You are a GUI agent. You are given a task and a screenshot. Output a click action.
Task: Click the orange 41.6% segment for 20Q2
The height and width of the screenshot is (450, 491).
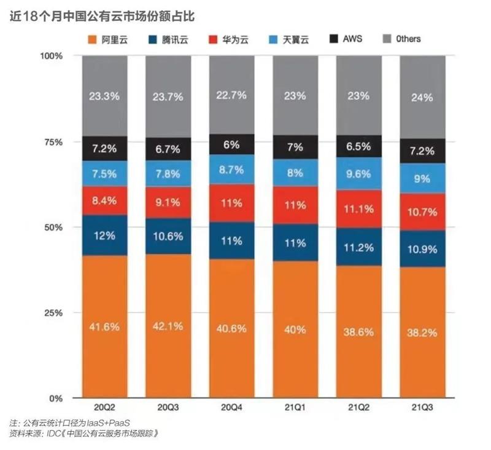[x=105, y=326]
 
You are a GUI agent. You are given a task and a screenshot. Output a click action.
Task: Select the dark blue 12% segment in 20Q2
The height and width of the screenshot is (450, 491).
[x=105, y=235]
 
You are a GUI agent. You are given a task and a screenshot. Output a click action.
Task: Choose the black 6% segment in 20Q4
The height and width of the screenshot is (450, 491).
[x=232, y=144]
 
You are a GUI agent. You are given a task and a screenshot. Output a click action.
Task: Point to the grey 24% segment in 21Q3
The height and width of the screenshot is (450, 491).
[x=422, y=97]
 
